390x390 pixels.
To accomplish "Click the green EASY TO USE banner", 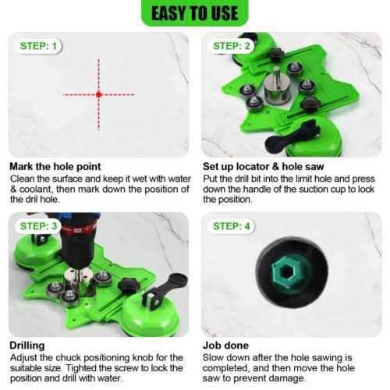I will click(194, 13).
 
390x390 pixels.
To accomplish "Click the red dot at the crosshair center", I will click(98, 94).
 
